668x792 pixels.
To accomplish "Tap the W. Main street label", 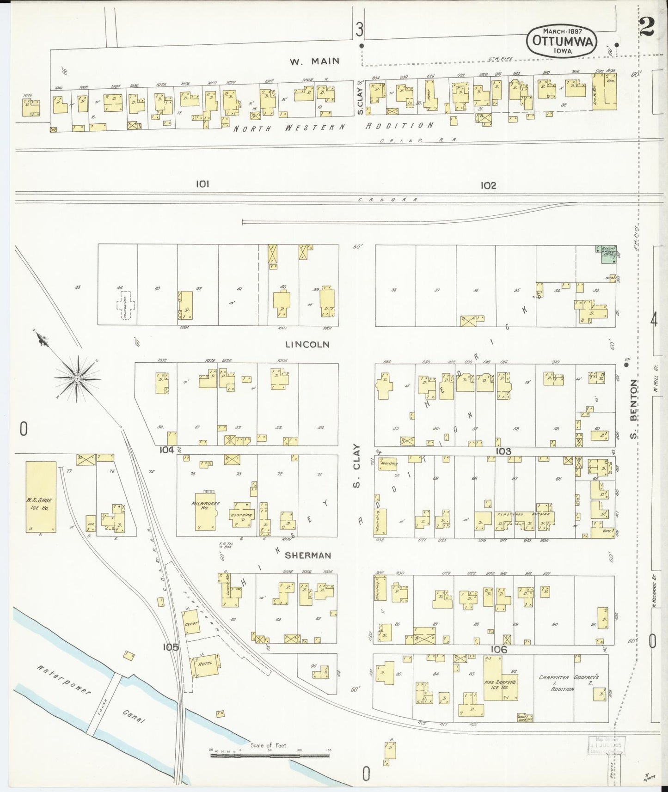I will point(314,61).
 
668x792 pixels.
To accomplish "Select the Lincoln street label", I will point(307,345).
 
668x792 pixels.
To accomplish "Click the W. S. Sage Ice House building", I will point(41,497).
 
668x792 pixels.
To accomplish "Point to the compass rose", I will point(78,378).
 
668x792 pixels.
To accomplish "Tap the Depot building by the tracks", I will point(191,624).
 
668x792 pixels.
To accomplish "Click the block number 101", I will point(202,184).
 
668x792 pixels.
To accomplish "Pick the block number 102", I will point(488,185).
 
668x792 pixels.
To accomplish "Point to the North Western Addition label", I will point(333,127).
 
